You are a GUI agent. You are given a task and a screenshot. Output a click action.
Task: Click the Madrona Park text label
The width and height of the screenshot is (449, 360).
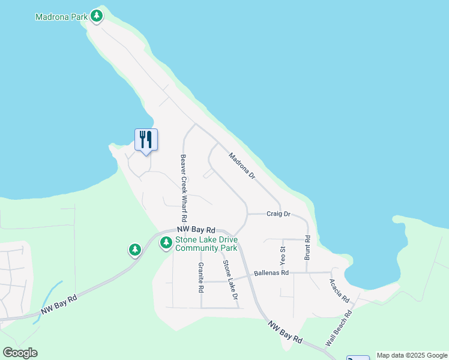pyautogui.click(x=61, y=17)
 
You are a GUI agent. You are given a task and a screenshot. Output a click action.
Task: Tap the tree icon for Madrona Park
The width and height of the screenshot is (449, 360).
pyautogui.click(x=96, y=16)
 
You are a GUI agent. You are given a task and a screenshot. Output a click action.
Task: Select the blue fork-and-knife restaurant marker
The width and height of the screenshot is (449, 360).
pyautogui.click(x=146, y=140)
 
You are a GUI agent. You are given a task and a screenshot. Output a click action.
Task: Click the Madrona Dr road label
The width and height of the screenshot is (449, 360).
pyautogui.click(x=242, y=166)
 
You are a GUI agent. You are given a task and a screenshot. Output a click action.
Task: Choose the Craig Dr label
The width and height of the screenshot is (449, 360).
pyautogui.click(x=279, y=214)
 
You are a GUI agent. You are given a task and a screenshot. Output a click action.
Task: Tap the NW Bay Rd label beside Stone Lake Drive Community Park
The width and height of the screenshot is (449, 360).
pyautogui.click(x=196, y=230)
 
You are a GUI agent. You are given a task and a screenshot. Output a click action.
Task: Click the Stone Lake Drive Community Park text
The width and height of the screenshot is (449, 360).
pyautogui.click(x=206, y=244)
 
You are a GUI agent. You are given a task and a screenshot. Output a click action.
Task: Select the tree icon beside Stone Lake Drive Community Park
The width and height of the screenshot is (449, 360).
pyautogui.click(x=166, y=243)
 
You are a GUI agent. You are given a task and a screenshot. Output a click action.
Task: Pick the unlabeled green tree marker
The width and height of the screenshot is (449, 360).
pyautogui.click(x=135, y=249)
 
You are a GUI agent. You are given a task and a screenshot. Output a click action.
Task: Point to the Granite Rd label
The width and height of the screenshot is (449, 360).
pyautogui.click(x=201, y=277)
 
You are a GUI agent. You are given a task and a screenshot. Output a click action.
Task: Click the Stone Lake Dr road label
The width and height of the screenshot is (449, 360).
pyautogui.click(x=231, y=280)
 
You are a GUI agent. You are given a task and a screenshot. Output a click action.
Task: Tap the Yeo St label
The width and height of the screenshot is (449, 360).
pyautogui.click(x=282, y=256)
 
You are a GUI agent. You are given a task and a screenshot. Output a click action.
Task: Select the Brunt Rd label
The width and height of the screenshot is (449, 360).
pyautogui.click(x=307, y=247)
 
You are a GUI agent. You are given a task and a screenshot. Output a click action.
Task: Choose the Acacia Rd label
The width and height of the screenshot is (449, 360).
pyautogui.click(x=339, y=290)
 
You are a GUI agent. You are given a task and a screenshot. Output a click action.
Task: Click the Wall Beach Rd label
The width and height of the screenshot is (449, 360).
pyautogui.click(x=338, y=328)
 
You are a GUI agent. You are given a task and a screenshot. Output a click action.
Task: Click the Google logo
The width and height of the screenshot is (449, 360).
pyautogui.click(x=20, y=353)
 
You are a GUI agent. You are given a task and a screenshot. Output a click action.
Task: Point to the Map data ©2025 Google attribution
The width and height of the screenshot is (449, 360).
pyautogui.click(x=412, y=355)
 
